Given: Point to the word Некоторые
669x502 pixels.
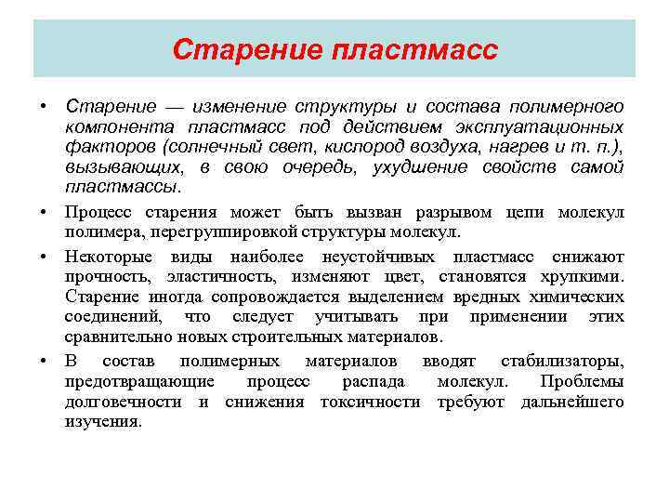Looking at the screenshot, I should point(104,257).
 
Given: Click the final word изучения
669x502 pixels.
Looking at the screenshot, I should point(103,421).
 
